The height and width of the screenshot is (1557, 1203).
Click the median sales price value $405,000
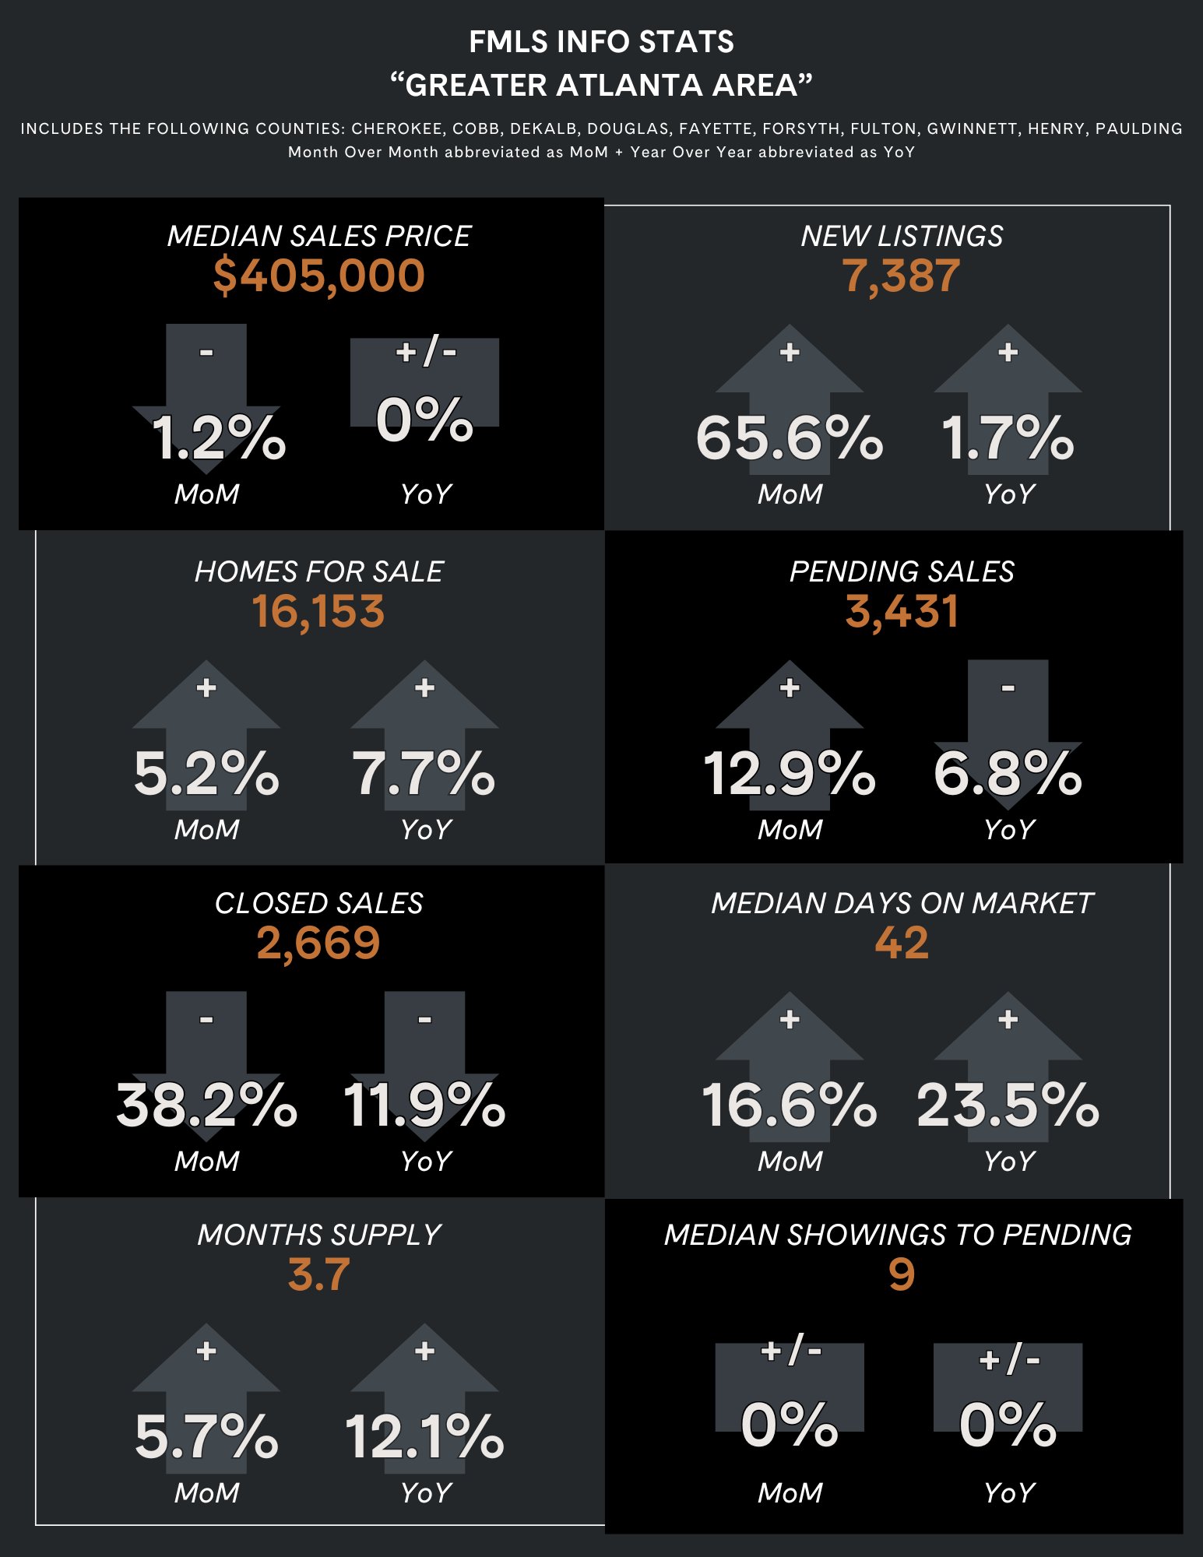318,276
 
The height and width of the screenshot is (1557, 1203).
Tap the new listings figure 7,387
901,276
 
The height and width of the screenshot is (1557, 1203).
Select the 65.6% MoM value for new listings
789,438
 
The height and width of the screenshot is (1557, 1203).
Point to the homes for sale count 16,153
318,612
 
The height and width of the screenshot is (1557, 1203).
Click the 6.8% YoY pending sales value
1008,774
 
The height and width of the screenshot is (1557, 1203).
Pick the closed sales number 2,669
318,944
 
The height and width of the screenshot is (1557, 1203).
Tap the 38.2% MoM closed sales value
206,1105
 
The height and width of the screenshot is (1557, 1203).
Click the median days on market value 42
901,944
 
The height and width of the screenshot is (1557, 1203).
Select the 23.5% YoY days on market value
1008,1105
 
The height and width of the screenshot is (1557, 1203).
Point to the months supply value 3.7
318,1275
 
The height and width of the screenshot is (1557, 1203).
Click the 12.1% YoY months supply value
424,1437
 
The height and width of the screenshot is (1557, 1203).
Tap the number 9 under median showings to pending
901,1275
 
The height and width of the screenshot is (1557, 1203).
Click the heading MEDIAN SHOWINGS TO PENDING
898,1235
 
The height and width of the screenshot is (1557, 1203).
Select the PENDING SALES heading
902,571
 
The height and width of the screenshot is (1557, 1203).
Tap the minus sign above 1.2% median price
206,353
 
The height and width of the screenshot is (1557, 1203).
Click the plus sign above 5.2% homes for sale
206,688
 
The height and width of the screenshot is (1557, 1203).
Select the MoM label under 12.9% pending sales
790,830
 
